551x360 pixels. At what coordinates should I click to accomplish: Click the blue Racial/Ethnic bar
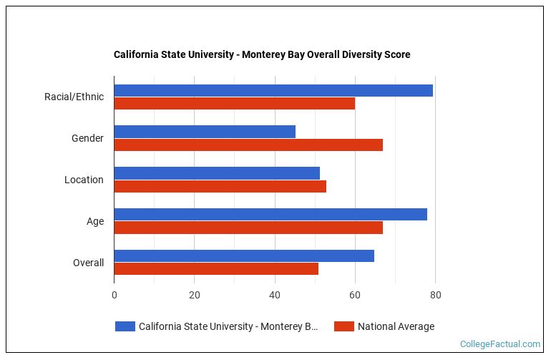tap(273, 90)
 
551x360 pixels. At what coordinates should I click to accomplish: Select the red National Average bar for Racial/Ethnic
tap(234, 103)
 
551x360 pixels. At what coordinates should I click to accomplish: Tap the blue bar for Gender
tap(205, 132)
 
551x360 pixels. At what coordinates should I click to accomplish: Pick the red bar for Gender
tap(248, 145)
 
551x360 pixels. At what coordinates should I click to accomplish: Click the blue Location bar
tap(217, 173)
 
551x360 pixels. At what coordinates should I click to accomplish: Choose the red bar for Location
tap(220, 186)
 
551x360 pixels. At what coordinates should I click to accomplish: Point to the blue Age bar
tap(270, 215)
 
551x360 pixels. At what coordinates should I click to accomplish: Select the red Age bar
tap(248, 228)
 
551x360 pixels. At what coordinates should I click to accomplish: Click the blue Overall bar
tap(244, 256)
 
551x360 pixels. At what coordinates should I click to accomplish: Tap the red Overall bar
tap(216, 269)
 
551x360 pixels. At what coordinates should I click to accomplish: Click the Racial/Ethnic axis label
tap(74, 97)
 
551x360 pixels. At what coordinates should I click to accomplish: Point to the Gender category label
tap(87, 138)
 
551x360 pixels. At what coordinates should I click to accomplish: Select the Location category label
tap(84, 180)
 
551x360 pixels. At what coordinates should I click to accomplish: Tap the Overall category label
tap(88, 263)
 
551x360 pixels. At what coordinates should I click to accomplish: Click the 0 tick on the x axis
tap(114, 295)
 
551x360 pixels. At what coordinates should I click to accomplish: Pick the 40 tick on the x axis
tap(274, 295)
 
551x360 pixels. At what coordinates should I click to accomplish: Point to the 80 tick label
tap(435, 295)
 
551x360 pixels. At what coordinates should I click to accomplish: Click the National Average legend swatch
tap(344, 326)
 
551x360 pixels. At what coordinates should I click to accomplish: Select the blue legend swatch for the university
tap(125, 326)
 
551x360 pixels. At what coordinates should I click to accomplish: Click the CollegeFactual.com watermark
tap(499, 344)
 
